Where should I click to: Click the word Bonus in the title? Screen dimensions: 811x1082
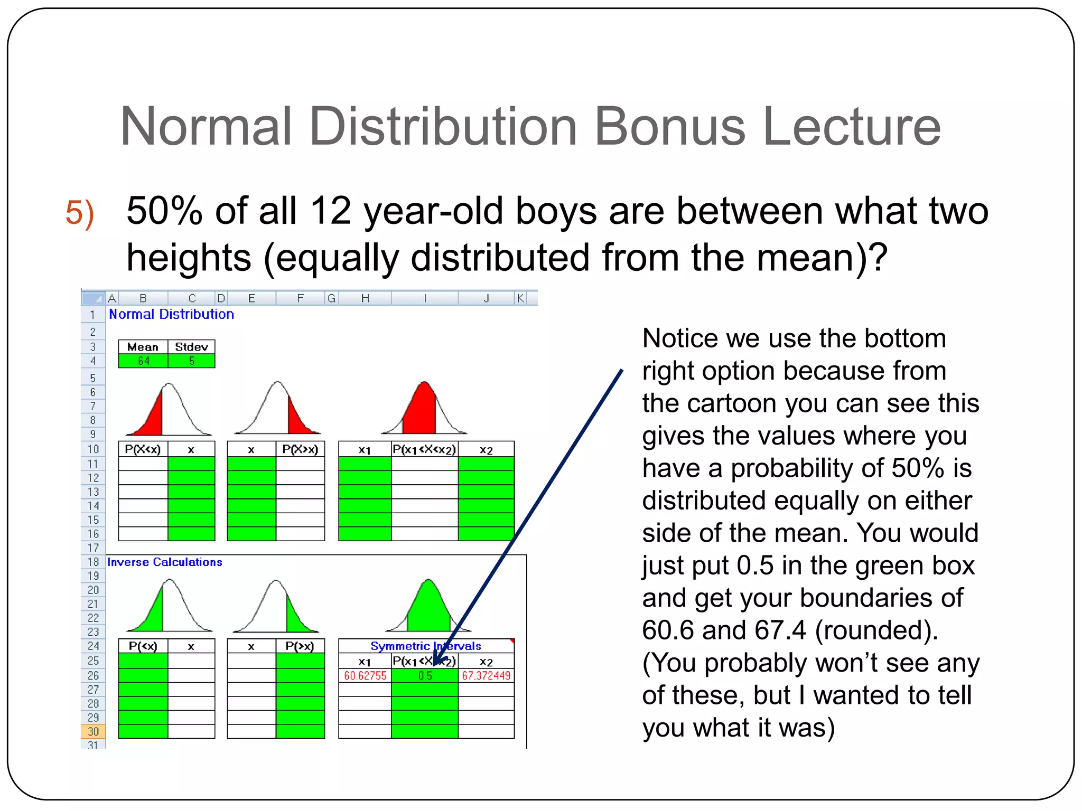click(669, 127)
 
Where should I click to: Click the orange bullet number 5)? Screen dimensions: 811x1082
click(80, 213)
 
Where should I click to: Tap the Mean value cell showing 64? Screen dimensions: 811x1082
click(143, 361)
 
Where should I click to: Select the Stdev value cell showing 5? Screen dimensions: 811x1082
click(192, 361)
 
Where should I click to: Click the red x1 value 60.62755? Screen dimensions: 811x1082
click(365, 676)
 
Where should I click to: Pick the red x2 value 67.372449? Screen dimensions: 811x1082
click(486, 676)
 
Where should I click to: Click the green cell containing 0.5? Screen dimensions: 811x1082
click(425, 676)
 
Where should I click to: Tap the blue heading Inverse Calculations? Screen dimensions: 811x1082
click(165, 562)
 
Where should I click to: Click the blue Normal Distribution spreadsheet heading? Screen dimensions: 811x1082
click(171, 314)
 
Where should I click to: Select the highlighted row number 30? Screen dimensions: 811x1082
click(94, 731)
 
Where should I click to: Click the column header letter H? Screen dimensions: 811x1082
click(365, 299)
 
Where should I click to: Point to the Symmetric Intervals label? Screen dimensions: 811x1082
click(426, 646)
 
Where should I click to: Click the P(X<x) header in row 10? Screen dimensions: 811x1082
click(143, 449)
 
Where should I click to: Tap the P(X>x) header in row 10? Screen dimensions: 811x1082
click(300, 449)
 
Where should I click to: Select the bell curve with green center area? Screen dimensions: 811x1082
click(428, 606)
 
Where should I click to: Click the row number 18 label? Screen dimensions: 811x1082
click(94, 562)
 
